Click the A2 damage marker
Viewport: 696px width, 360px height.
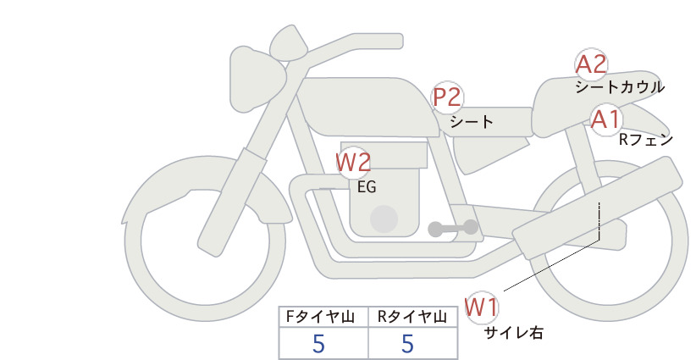coord(591,64)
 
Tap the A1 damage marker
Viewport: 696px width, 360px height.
coord(605,119)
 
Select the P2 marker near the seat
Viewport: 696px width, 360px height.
coord(447,97)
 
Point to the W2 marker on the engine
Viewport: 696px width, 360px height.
coord(353,163)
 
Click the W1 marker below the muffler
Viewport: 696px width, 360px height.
coord(482,307)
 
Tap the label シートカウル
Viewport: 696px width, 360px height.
coord(620,87)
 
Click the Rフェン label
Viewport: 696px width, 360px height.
coord(646,141)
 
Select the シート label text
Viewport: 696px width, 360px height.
coord(472,122)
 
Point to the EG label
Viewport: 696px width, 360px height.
coord(367,187)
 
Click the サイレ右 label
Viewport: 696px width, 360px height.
coord(514,333)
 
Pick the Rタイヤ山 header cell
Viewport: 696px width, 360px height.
coord(413,317)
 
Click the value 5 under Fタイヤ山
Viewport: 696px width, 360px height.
coord(318,344)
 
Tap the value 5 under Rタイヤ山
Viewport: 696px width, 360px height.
coord(407,344)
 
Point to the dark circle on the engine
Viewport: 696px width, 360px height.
coord(384,219)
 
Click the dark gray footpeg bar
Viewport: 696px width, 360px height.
coord(453,228)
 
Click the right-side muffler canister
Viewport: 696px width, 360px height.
coord(597,208)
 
